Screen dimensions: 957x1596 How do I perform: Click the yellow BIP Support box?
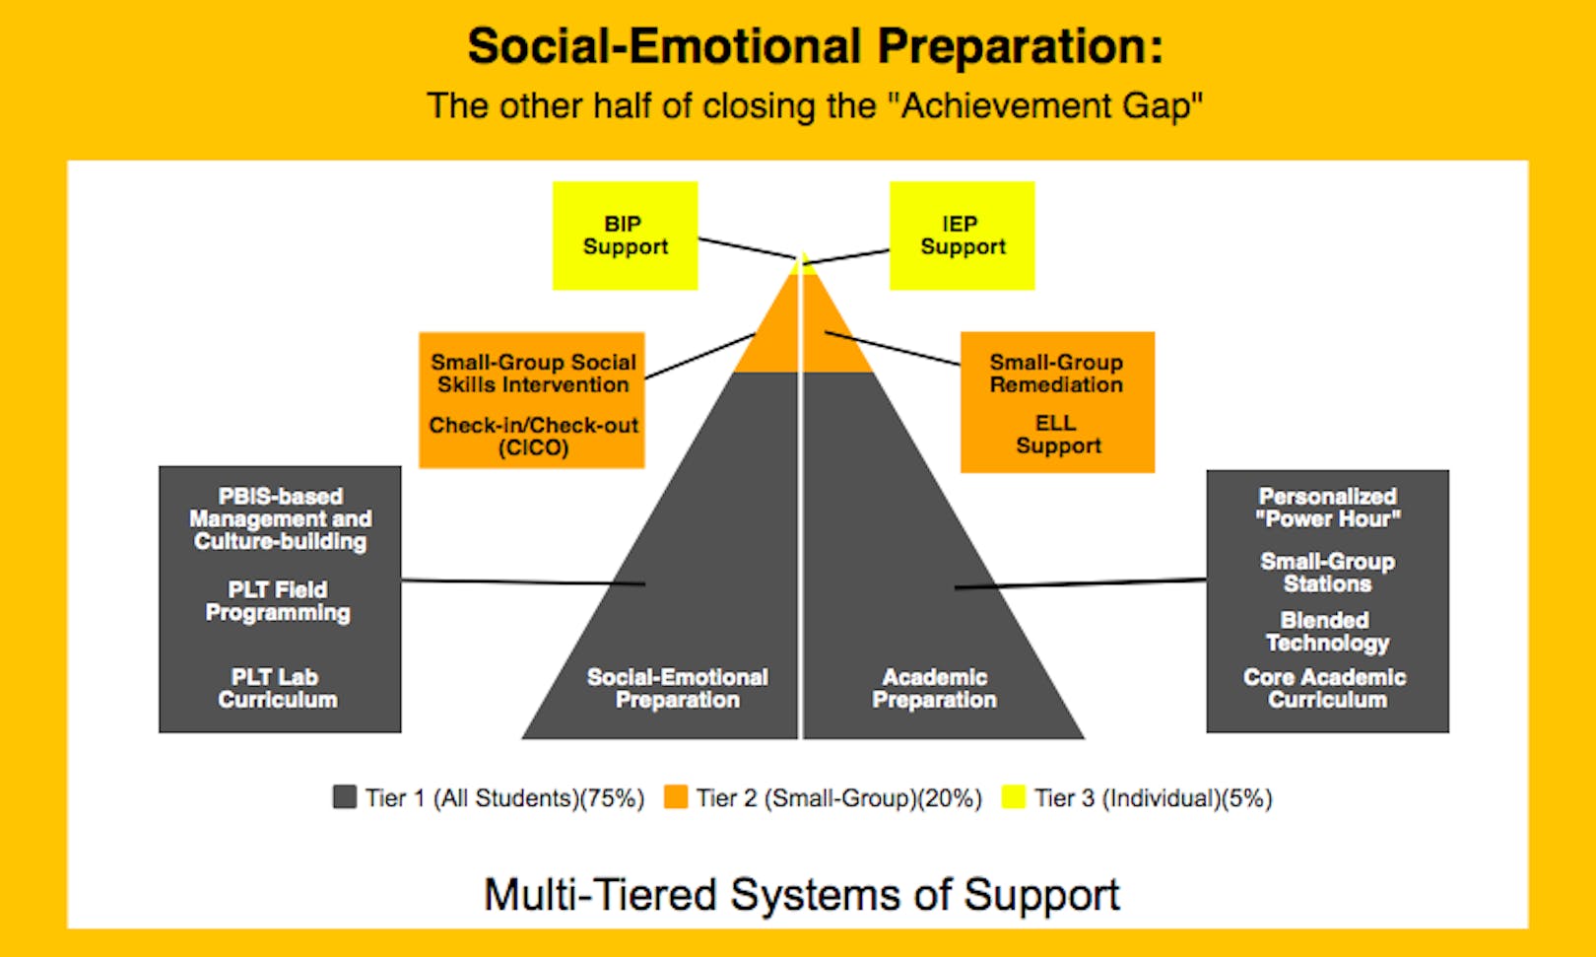[x=625, y=236]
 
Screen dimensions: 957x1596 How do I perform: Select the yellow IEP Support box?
[x=962, y=236]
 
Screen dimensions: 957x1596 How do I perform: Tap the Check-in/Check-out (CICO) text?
[x=533, y=437]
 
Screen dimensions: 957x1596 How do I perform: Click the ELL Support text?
[x=1057, y=435]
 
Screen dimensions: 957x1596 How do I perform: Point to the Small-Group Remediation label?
[x=1056, y=374]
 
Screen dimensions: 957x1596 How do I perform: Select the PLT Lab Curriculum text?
[x=278, y=688]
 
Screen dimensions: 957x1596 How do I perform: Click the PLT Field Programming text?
[x=278, y=601]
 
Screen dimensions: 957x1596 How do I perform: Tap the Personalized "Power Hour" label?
[x=1327, y=508]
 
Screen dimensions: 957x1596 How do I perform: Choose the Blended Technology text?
[x=1326, y=632]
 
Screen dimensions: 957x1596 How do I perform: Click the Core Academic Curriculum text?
[x=1325, y=688]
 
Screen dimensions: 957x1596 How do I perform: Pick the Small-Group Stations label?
[x=1327, y=573]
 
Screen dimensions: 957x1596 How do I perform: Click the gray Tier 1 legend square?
[x=345, y=796]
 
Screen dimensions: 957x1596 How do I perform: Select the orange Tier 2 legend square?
[x=676, y=796]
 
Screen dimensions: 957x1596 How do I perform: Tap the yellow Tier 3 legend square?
[x=1014, y=796]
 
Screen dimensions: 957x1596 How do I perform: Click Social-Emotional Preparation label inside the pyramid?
[x=678, y=688]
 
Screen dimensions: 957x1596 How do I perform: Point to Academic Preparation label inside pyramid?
[x=934, y=688]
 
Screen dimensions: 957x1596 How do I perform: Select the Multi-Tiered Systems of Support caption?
[x=801, y=895]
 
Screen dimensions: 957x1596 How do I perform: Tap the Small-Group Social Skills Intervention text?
[x=533, y=374]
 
